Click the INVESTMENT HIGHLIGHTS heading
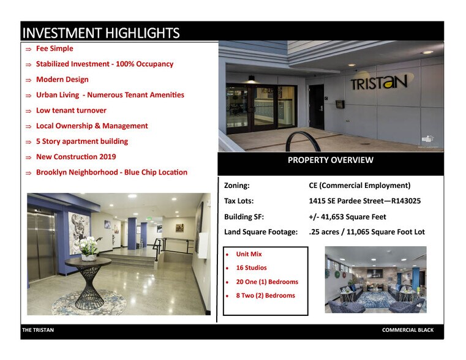pos(101,32)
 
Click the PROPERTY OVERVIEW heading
pos(330,160)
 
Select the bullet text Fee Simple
pos(54,48)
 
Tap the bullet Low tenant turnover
pos(71,110)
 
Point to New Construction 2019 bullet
pos(76,157)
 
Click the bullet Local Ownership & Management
pos(92,126)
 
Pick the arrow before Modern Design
pos(28,80)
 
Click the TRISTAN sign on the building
pos(378,81)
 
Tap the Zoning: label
pos(237,186)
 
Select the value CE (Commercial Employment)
pos(359,186)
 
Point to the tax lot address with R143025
pos(364,201)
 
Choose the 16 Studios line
pos(251,268)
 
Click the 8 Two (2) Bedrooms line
pos(265,295)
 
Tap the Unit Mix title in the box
pos(249,253)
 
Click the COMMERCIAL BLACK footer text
pos(407,330)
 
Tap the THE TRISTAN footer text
pos(38,330)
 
